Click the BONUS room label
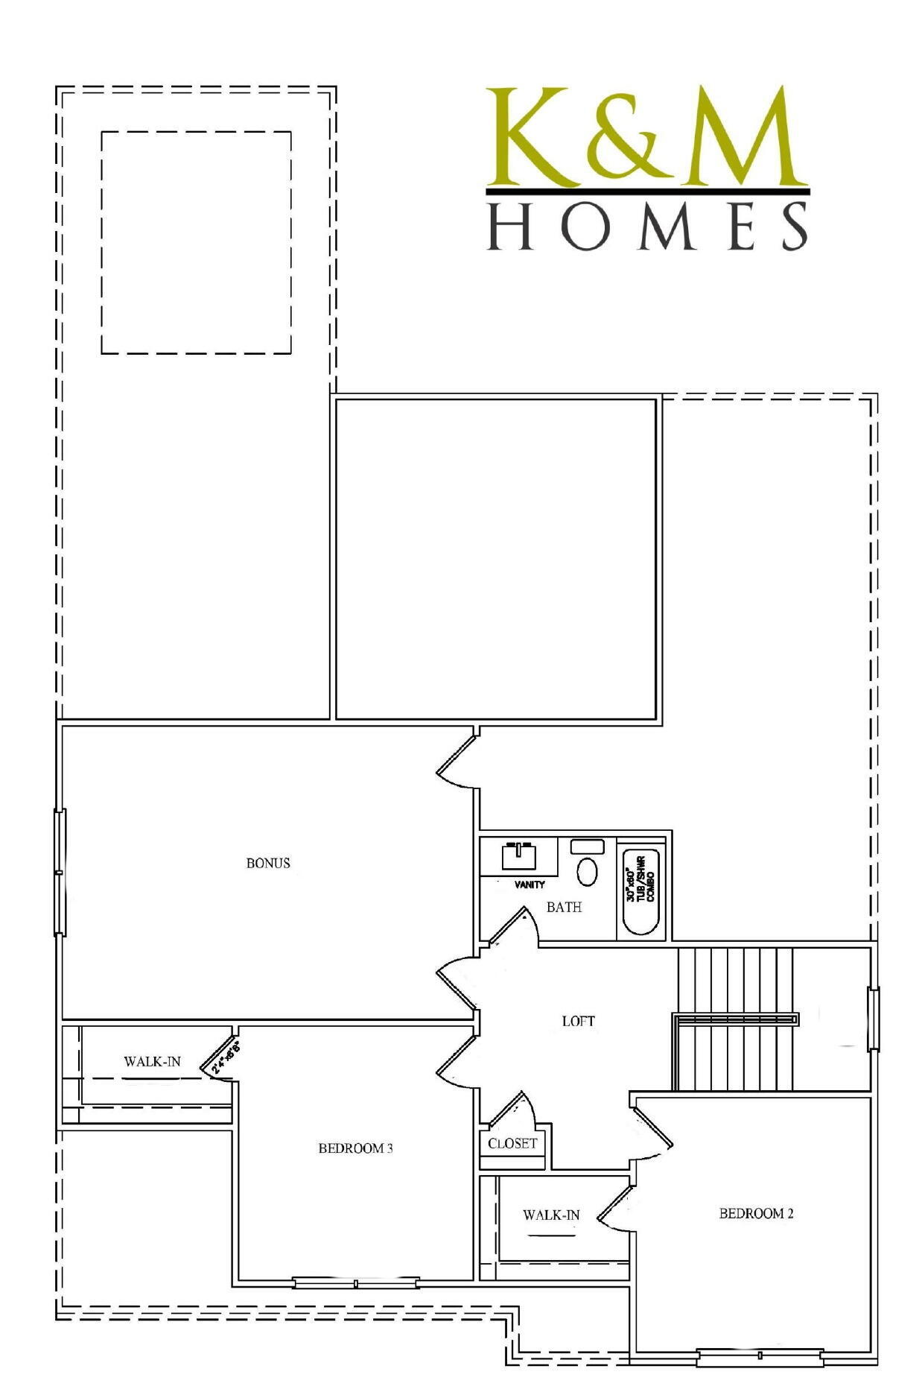click(268, 863)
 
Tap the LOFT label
click(578, 1021)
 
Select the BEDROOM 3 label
click(355, 1148)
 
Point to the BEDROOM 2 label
click(756, 1213)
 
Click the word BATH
click(564, 907)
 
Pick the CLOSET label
click(512, 1143)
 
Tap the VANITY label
click(530, 885)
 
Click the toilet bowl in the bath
click(588, 870)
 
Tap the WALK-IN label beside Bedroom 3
click(152, 1061)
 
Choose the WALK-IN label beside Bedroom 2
click(551, 1215)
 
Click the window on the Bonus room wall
click(60, 872)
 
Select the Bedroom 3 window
click(355, 1282)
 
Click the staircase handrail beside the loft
click(735, 1019)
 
